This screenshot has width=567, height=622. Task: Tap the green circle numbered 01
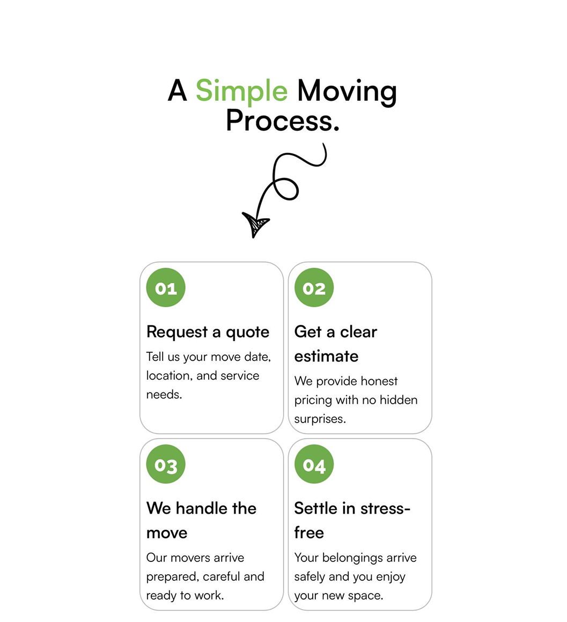coord(166,287)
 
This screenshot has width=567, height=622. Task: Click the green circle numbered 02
coord(314,287)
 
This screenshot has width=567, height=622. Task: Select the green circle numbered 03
coord(166,464)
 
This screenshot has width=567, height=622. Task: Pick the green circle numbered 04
coord(314,464)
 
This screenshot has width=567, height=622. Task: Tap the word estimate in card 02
coord(326,356)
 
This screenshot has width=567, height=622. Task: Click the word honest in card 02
coord(377,381)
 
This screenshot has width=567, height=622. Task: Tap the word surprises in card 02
coord(320,419)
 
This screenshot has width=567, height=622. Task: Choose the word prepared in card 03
coord(172,577)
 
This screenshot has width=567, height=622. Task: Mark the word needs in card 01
coord(164,395)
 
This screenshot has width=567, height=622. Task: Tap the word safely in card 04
coord(310,577)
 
